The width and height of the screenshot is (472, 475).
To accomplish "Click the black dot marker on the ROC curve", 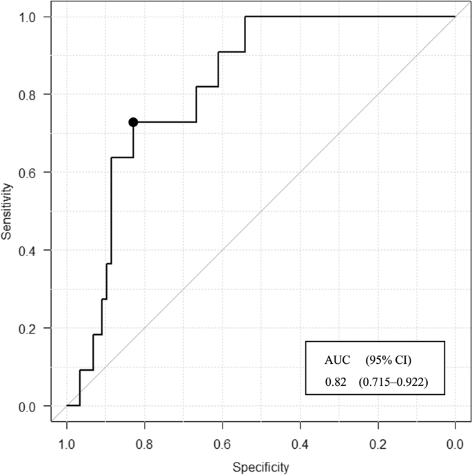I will point(133,122).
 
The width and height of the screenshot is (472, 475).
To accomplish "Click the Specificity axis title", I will point(260,467).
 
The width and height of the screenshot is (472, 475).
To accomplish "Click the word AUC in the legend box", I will point(337,360).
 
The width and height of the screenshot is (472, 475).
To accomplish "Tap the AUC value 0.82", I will point(334,379).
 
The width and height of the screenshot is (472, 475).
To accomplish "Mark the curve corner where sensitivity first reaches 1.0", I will point(245,16).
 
